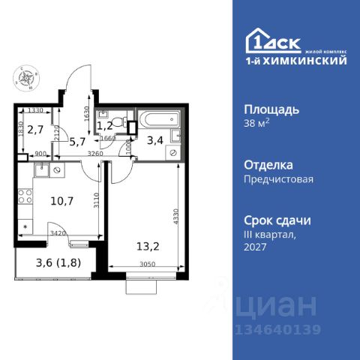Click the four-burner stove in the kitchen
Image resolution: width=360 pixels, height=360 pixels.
pyautogui.click(x=24, y=198)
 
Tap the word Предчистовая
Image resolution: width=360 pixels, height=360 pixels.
pyautogui.click(x=278, y=179)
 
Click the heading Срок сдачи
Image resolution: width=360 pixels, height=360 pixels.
pyautogui.click(x=277, y=220)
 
